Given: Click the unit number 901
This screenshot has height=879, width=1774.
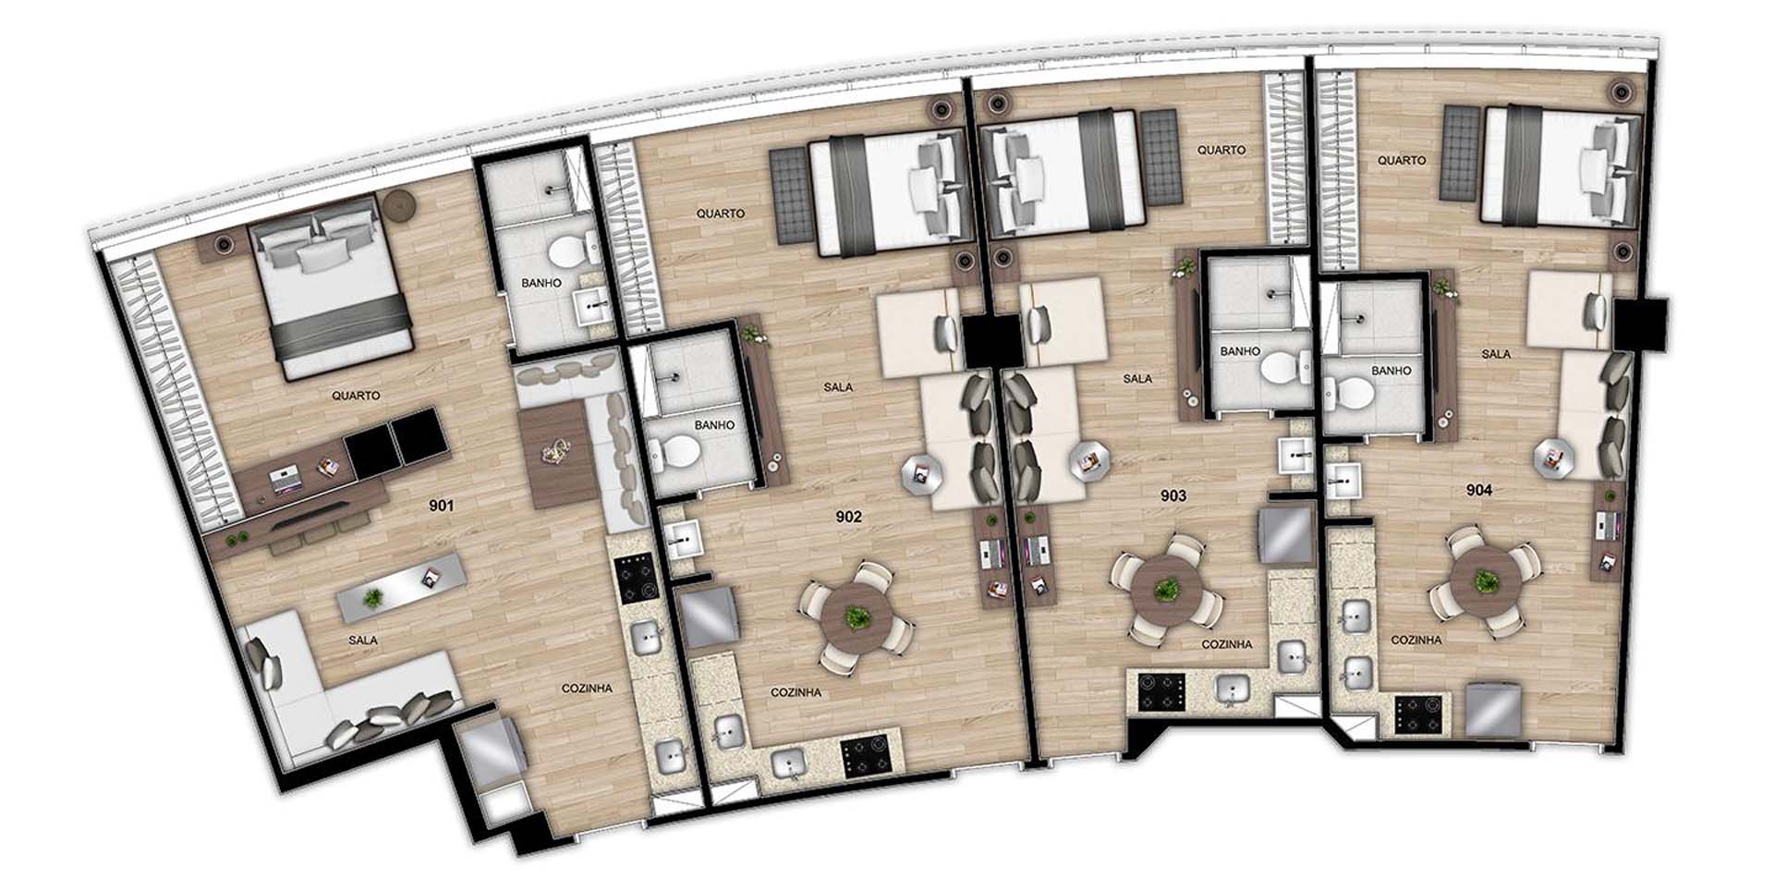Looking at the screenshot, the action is [442, 506].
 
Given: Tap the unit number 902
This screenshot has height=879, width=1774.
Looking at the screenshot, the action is [848, 517].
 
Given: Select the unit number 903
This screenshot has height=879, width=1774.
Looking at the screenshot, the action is [1173, 495].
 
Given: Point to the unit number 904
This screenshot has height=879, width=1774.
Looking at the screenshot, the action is [1479, 490].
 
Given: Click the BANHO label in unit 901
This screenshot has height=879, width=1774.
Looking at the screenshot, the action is [541, 283].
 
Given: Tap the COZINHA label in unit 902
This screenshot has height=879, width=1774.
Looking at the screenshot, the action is [796, 692].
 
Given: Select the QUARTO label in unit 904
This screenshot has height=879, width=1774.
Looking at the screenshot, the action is [1402, 160].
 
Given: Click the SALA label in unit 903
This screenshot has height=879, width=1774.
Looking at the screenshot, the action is [1137, 378].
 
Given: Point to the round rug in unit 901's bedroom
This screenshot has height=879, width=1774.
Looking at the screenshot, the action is [402, 204].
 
